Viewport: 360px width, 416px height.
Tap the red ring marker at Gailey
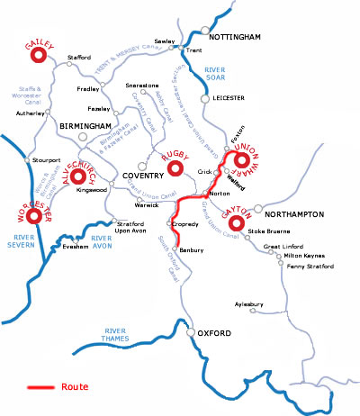pyautogui.click(x=39, y=56)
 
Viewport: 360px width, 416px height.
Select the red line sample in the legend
pyautogui.click(x=40, y=389)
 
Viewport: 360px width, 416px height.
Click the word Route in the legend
pyautogui.click(x=76, y=389)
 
